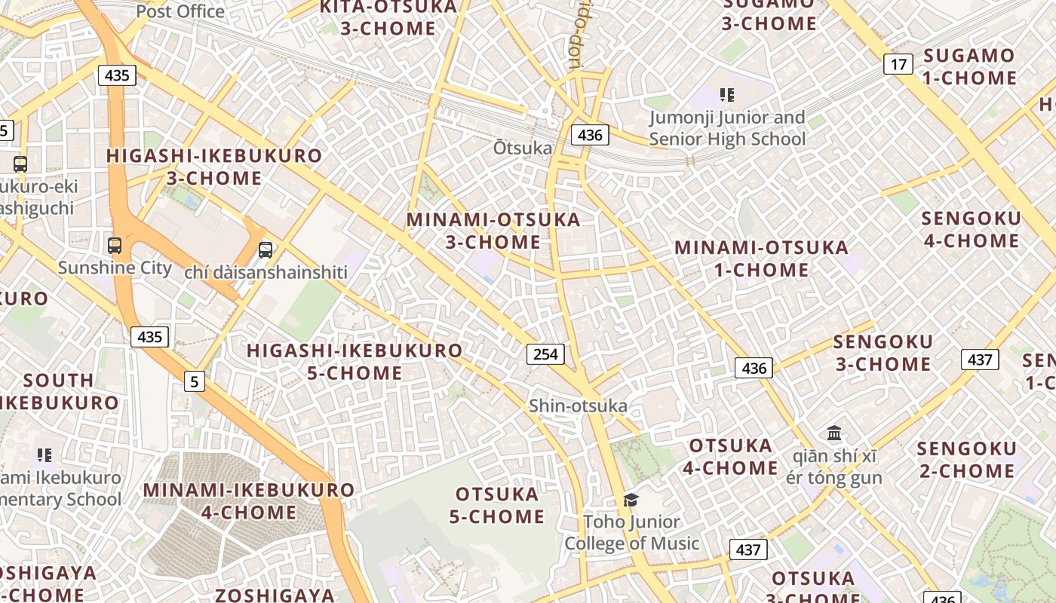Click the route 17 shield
pyautogui.click(x=898, y=64)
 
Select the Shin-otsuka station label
pyautogui.click(x=578, y=406)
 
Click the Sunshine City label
pyautogui.click(x=115, y=268)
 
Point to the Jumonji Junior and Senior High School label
pyautogui.click(x=727, y=128)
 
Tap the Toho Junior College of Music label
pyautogui.click(x=632, y=532)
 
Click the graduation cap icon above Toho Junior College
pyautogui.click(x=631, y=499)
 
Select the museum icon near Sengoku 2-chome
pyautogui.click(x=834, y=433)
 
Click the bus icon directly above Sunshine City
pyautogui.click(x=115, y=245)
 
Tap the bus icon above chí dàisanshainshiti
pyautogui.click(x=266, y=249)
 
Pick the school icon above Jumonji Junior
pyautogui.click(x=727, y=95)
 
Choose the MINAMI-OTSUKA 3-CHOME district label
pyautogui.click(x=493, y=231)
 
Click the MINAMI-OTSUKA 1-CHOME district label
pyautogui.click(x=761, y=258)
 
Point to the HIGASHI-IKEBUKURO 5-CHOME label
pyautogui.click(x=355, y=361)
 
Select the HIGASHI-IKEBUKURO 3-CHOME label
pyautogui.click(x=214, y=167)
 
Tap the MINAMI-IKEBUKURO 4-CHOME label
pyautogui.click(x=249, y=500)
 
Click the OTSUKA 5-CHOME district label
pyautogui.click(x=497, y=505)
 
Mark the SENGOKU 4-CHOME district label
pyautogui.click(x=971, y=229)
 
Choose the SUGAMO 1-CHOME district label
pyautogui.click(x=969, y=66)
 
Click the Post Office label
pyautogui.click(x=180, y=11)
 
